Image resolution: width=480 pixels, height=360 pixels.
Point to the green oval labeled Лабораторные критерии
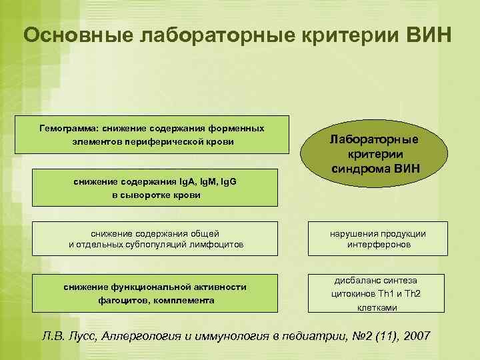click(x=375, y=153)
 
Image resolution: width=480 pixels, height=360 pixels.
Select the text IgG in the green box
click(x=225, y=181)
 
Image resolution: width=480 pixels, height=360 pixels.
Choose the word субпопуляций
click(x=158, y=245)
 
